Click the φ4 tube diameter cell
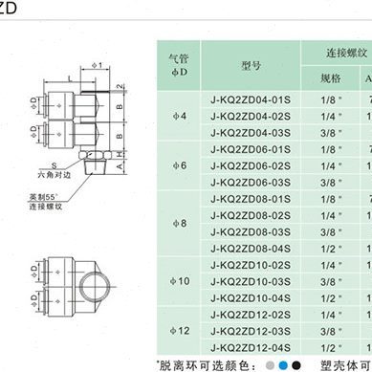(x=179, y=115)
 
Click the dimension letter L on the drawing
(x=71, y=75)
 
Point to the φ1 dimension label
(x=97, y=65)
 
